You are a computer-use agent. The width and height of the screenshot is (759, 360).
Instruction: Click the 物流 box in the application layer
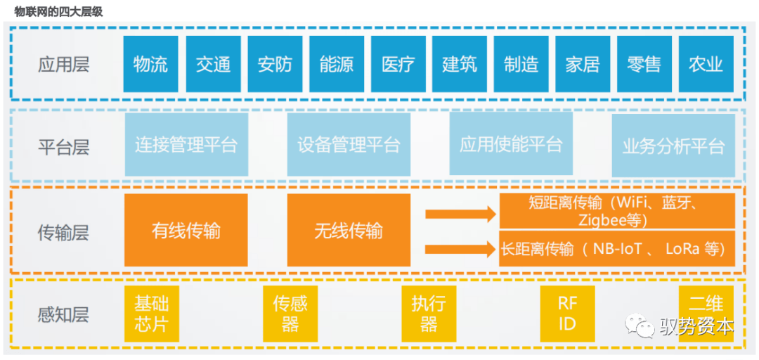150,65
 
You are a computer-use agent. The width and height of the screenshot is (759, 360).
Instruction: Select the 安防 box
275,65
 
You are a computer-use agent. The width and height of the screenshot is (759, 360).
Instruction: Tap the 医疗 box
398,65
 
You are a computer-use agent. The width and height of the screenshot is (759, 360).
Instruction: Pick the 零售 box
644,65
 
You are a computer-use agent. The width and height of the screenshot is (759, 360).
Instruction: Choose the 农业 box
706,65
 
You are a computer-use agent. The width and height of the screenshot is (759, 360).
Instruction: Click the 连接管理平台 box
186,146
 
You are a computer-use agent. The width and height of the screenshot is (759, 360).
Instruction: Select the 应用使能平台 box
511,145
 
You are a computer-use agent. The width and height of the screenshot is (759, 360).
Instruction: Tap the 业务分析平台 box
673,146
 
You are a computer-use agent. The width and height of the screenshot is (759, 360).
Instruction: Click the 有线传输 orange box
186,231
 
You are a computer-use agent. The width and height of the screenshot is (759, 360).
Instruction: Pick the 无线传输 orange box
349,231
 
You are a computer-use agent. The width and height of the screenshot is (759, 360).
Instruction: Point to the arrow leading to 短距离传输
460,214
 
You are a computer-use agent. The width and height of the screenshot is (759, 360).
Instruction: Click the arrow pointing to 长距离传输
460,247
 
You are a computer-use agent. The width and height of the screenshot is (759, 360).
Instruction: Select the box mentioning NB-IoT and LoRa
616,249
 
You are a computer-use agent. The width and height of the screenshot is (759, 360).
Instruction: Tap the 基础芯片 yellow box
151,314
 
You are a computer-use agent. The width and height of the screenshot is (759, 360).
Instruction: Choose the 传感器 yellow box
290,314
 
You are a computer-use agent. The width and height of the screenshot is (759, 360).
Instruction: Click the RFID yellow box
566,314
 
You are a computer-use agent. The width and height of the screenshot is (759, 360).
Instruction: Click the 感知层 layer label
64,314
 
